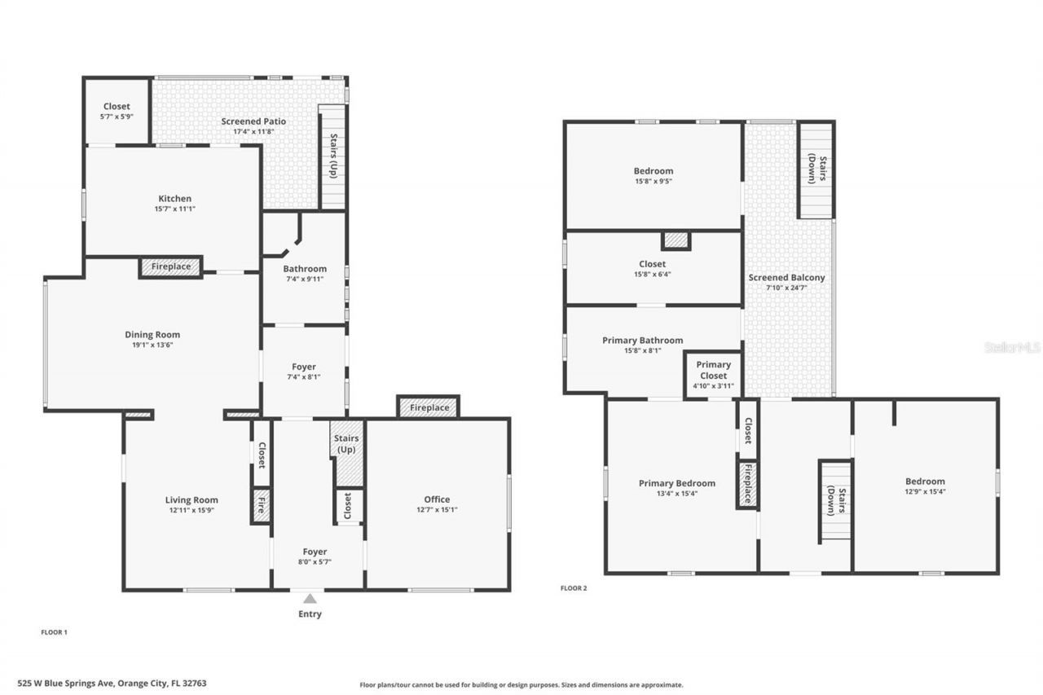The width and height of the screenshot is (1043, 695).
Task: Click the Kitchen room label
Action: click(x=175, y=199)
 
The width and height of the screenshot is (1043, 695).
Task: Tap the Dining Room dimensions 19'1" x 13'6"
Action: click(x=152, y=345)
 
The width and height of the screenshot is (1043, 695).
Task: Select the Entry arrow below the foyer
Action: click(x=310, y=599)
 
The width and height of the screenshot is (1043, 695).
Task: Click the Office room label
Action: click(x=437, y=499)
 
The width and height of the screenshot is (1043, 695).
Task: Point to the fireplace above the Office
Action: click(x=429, y=407)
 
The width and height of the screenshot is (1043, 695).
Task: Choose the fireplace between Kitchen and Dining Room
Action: click(x=171, y=267)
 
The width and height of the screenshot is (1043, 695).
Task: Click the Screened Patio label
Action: click(x=253, y=121)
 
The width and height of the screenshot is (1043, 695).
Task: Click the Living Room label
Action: click(x=191, y=500)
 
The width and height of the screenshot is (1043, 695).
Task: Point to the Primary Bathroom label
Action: click(x=642, y=341)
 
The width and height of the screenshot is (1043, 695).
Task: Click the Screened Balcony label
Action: click(x=786, y=278)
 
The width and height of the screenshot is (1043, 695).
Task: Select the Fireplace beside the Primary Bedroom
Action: click(x=747, y=485)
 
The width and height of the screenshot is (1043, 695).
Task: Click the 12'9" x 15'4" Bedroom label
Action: click(x=925, y=482)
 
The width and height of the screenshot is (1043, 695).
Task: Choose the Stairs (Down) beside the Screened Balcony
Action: click(x=816, y=169)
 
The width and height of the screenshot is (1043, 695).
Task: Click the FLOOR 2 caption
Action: click(x=574, y=587)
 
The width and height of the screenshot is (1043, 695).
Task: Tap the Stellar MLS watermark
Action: click(x=1012, y=347)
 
